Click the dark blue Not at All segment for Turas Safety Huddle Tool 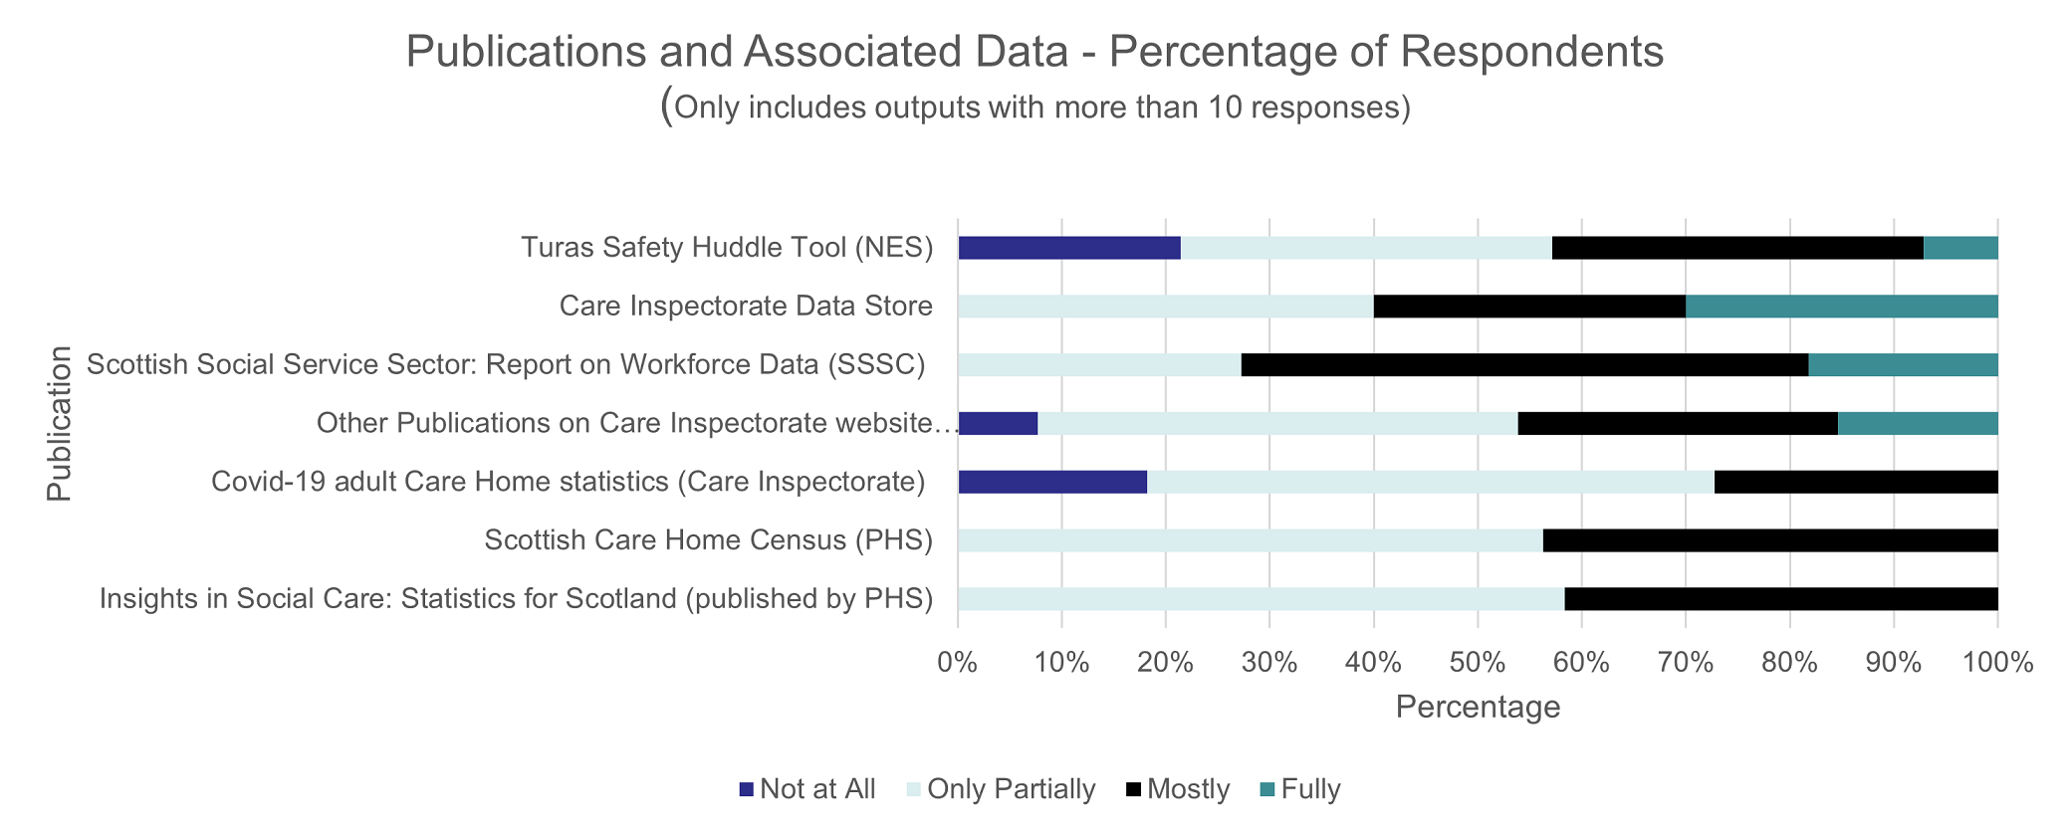click(1068, 248)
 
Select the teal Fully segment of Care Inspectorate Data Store click(1841, 307)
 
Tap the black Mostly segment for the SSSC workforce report click(1524, 365)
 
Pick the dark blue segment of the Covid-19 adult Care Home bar click(1051, 483)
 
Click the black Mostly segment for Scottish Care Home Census click(1769, 541)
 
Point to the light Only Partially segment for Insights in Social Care click(1260, 599)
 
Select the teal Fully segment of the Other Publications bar click(1917, 424)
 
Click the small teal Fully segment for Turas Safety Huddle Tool click(1959, 248)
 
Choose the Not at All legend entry click(807, 790)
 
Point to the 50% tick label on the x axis click(1478, 662)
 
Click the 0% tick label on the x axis click(958, 662)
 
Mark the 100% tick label click(1996, 662)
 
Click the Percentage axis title click(1478, 708)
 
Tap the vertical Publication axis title click(60, 423)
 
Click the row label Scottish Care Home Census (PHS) click(708, 540)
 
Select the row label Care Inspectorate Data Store click(746, 306)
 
